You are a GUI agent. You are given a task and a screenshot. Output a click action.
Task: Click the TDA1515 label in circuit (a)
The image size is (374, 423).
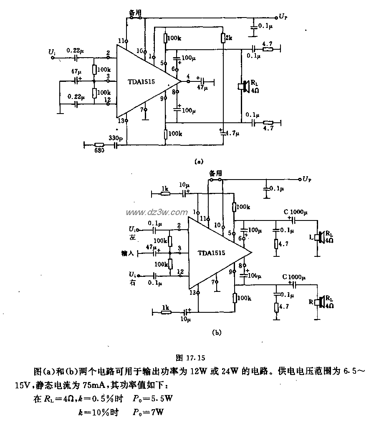[142, 82]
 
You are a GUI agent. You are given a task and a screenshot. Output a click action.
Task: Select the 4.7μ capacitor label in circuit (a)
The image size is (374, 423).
[231, 134]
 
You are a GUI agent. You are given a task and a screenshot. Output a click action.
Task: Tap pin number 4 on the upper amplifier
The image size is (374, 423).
[188, 76]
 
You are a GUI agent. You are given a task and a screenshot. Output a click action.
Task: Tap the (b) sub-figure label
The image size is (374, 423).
[217, 333]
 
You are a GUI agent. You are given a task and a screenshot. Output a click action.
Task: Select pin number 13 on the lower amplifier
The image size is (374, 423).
[192, 293]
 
